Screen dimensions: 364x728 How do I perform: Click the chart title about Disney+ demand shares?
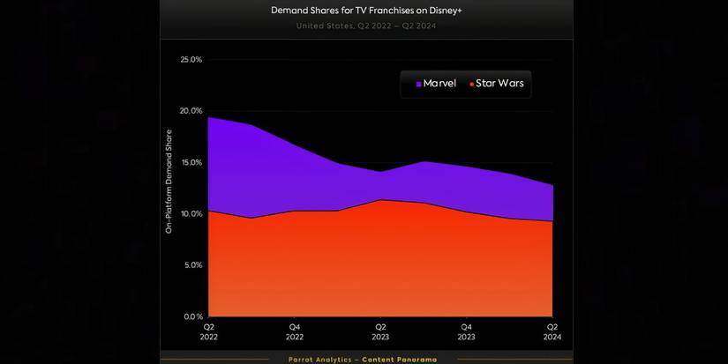[x=366, y=11]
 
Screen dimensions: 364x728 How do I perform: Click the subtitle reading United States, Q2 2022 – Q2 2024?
[x=366, y=26]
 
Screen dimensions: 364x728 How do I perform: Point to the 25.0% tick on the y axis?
[x=191, y=60]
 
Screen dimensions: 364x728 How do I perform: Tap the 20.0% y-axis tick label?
[x=191, y=111]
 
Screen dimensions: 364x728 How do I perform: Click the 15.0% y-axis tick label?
[x=191, y=162]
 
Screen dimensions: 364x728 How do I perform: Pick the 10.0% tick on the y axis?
[x=191, y=213]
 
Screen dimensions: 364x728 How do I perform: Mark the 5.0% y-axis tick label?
[x=192, y=264]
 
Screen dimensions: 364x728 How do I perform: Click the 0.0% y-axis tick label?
[x=192, y=316]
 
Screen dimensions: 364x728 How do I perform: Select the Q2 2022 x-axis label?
[x=208, y=331]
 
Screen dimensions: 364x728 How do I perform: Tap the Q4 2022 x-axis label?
[x=295, y=331]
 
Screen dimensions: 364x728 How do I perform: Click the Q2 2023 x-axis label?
[x=380, y=331]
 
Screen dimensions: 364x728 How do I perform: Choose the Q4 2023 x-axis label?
[x=467, y=331]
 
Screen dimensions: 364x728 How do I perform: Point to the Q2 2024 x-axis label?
[x=552, y=331]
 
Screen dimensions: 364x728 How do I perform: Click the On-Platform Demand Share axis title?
[x=169, y=181]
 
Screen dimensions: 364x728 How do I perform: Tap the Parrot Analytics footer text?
[x=362, y=359]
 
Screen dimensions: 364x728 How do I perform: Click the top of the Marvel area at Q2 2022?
[x=208, y=117]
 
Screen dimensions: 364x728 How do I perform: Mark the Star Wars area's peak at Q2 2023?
[x=380, y=200]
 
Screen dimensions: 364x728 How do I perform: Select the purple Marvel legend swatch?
[x=419, y=85]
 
